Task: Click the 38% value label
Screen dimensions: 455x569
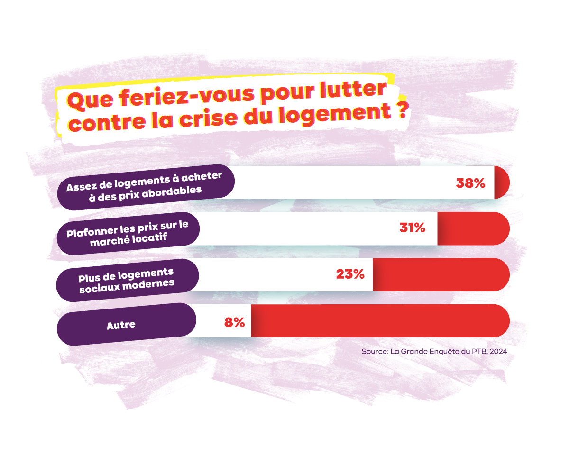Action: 470,183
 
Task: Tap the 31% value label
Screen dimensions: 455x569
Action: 412,228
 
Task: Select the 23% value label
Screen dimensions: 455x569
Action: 350,274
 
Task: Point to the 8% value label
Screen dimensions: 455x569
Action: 234,322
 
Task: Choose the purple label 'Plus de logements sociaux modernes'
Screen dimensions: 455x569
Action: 127,279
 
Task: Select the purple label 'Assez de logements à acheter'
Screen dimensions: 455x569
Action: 144,187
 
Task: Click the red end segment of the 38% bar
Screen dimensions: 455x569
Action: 502,182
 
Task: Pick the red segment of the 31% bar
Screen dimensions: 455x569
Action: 473,228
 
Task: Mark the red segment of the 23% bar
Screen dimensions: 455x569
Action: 441,274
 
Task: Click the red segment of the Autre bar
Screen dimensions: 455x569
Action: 379,321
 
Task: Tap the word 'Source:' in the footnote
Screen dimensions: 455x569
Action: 375,352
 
